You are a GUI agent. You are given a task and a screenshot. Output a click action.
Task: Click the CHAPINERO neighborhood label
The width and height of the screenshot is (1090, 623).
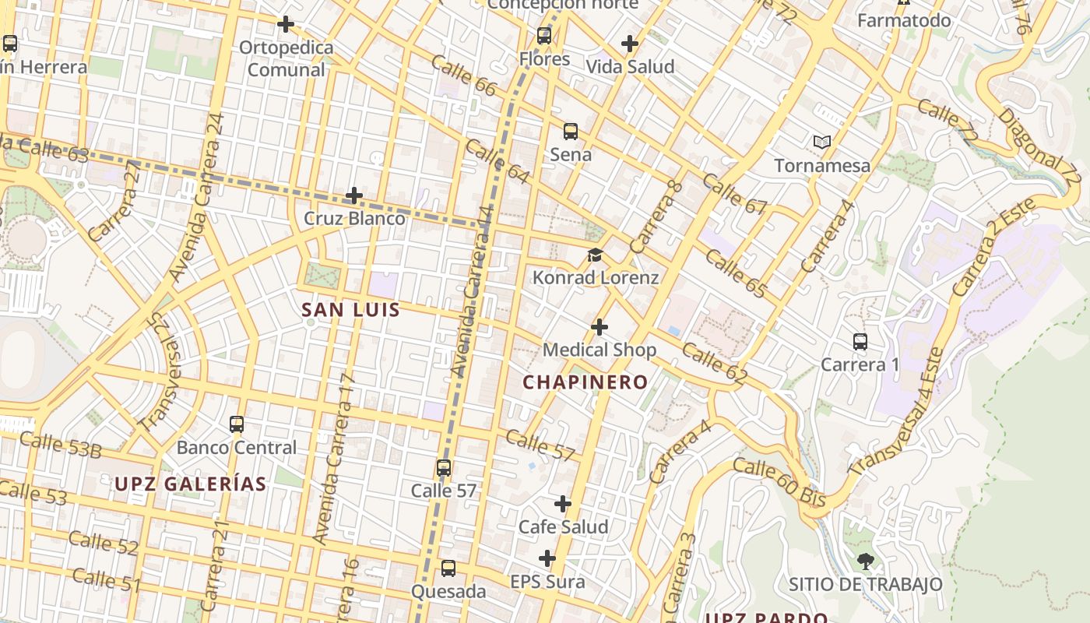tap(585, 382)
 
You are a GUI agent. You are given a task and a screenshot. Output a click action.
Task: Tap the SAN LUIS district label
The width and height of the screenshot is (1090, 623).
tap(350, 310)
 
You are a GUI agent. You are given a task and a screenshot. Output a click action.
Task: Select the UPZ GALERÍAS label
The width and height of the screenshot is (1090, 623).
tap(191, 484)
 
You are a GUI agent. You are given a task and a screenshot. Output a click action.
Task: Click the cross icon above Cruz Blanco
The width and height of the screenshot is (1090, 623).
tap(354, 195)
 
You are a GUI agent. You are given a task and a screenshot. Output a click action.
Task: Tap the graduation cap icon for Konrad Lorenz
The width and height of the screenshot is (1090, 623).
tap(596, 255)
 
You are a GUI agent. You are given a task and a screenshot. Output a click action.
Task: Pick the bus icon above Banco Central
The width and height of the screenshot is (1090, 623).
tap(237, 424)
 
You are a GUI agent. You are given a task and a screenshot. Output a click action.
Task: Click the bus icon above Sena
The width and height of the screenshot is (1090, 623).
tap(571, 131)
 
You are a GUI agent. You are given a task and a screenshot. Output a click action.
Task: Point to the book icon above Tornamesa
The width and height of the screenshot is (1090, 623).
tap(821, 142)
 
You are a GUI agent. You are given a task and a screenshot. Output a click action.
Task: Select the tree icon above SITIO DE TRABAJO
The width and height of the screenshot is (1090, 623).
tap(865, 561)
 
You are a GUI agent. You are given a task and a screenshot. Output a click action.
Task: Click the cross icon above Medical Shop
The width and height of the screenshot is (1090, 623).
tap(599, 327)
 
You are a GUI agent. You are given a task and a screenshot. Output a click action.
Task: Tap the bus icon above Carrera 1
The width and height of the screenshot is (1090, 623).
tap(860, 341)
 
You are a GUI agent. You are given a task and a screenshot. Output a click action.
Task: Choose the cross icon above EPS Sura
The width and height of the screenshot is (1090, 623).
tap(547, 558)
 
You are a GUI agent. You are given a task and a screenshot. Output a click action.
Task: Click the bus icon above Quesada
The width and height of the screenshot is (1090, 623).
tap(448, 568)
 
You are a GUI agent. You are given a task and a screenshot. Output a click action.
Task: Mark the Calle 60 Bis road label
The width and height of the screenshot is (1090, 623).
tap(779, 483)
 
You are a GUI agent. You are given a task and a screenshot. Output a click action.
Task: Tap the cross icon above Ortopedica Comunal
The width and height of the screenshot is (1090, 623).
tap(286, 24)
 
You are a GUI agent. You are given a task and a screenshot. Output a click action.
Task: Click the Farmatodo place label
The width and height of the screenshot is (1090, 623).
tap(904, 20)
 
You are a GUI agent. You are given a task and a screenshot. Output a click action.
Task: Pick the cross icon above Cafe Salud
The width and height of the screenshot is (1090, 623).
tap(563, 504)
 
